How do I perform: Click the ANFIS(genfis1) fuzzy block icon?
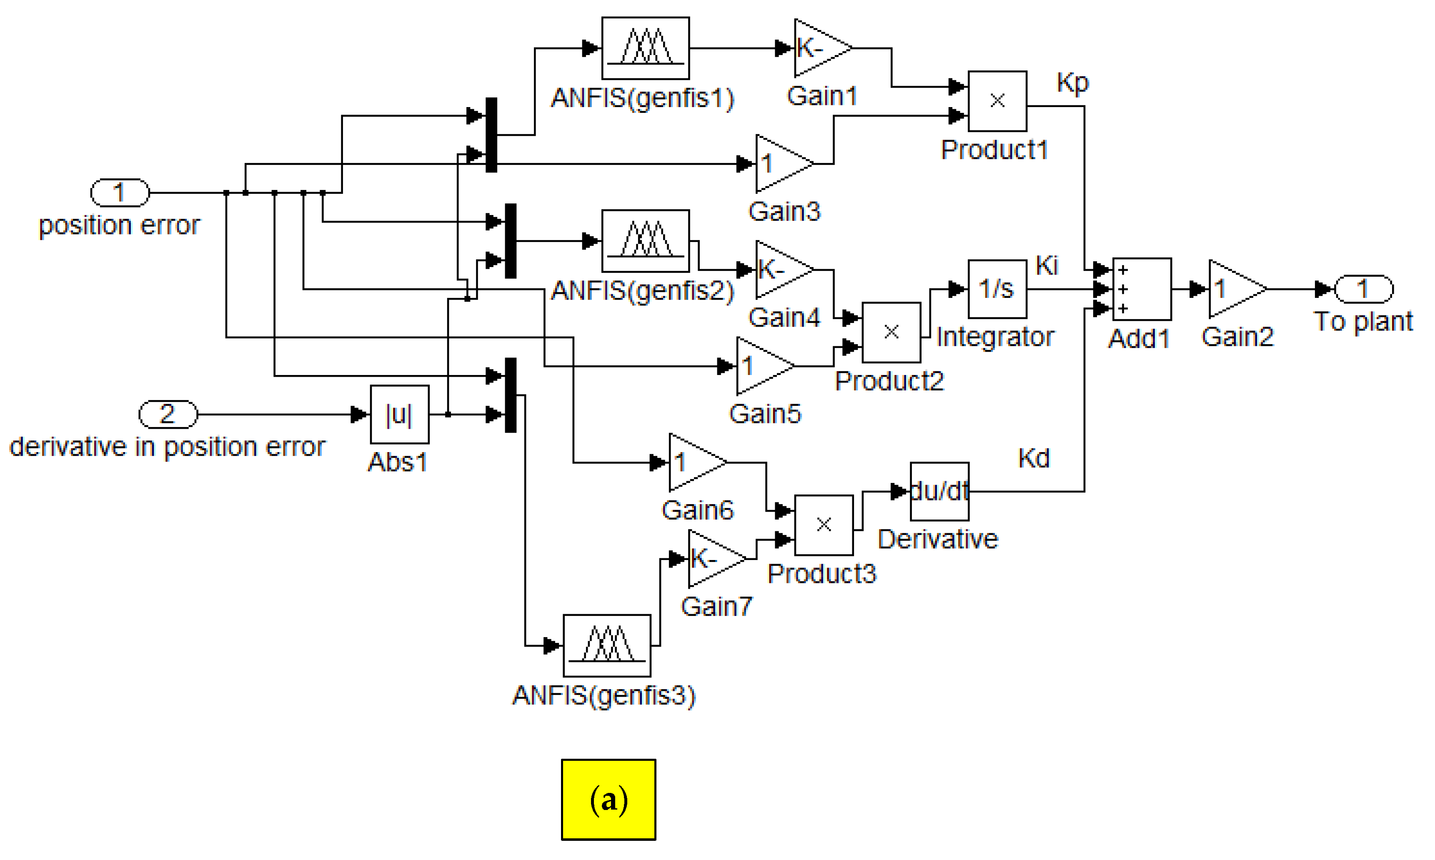[x=645, y=48]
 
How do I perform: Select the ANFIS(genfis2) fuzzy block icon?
[x=645, y=240]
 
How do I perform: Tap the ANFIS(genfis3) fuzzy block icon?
[x=606, y=645]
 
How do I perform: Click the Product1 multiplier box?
[x=997, y=101]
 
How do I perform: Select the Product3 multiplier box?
[x=823, y=525]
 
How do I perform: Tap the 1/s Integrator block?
[x=997, y=289]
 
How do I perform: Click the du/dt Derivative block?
[x=939, y=491]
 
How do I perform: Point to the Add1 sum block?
[x=1141, y=289]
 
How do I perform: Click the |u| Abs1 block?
[x=399, y=414]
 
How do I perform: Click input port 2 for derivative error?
[x=168, y=414]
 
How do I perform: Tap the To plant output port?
[x=1363, y=289]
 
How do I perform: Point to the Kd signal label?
[x=1033, y=458]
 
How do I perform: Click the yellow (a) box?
[x=608, y=799]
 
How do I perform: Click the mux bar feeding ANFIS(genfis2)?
[x=510, y=240]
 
